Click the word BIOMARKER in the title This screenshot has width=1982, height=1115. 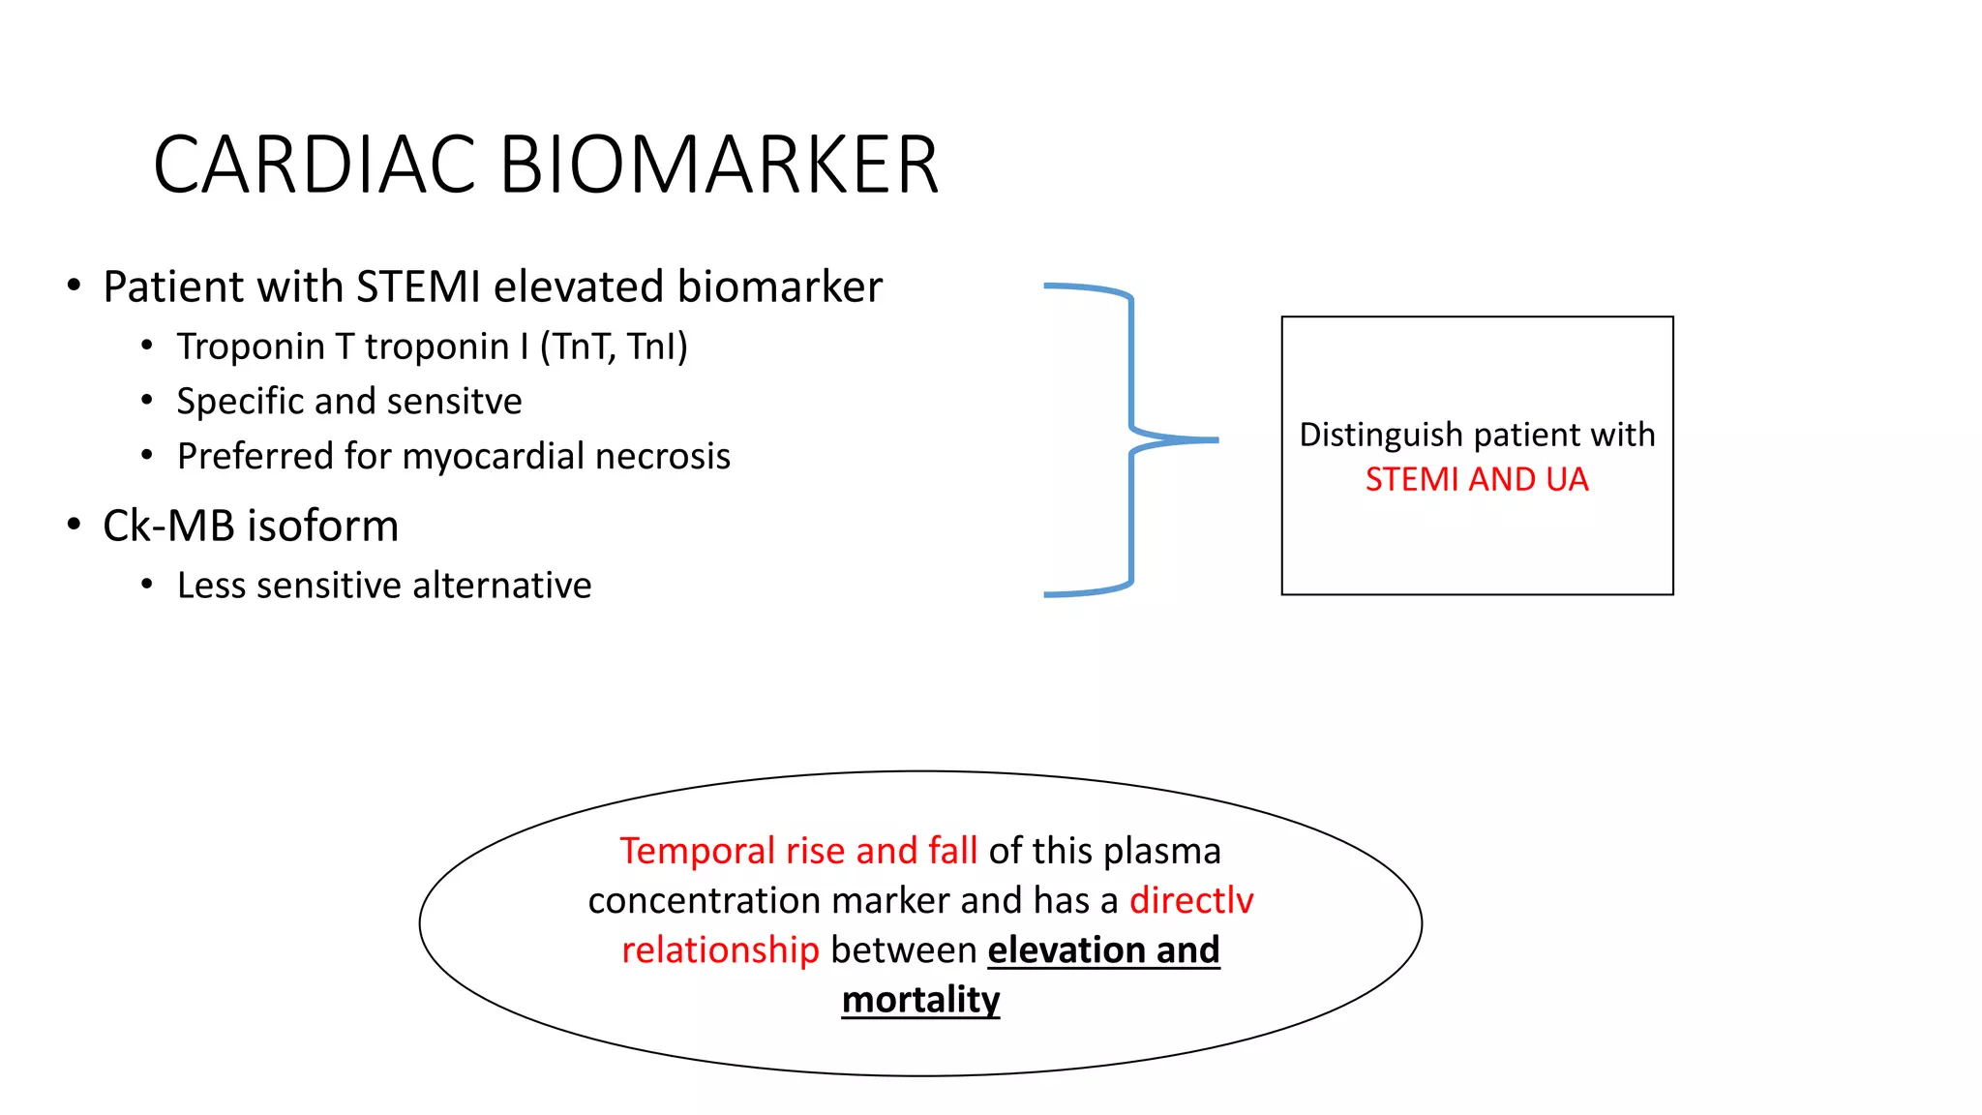719,165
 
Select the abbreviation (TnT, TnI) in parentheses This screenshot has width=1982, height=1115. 614,347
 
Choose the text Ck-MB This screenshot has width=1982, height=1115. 168,526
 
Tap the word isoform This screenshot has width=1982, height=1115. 323,526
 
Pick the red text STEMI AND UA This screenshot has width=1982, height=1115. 1477,479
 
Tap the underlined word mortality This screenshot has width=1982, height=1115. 920,999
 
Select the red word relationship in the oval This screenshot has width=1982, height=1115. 720,949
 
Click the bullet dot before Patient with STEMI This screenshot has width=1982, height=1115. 75,286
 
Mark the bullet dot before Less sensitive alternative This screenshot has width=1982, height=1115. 147,585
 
